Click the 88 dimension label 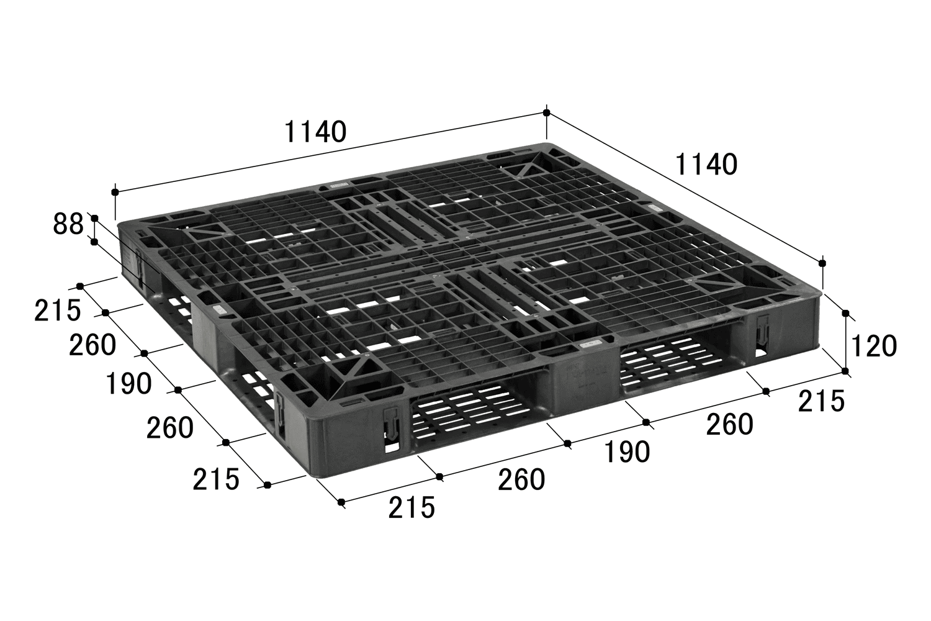coord(68,225)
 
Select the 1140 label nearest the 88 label coord(315,132)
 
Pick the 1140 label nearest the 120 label coord(706,165)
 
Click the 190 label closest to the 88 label coord(128,384)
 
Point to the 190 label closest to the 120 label coord(627,452)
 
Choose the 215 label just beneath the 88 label coord(57,310)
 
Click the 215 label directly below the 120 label coord(821,401)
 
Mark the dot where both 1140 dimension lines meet coord(547,113)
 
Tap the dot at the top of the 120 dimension coord(845,313)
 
